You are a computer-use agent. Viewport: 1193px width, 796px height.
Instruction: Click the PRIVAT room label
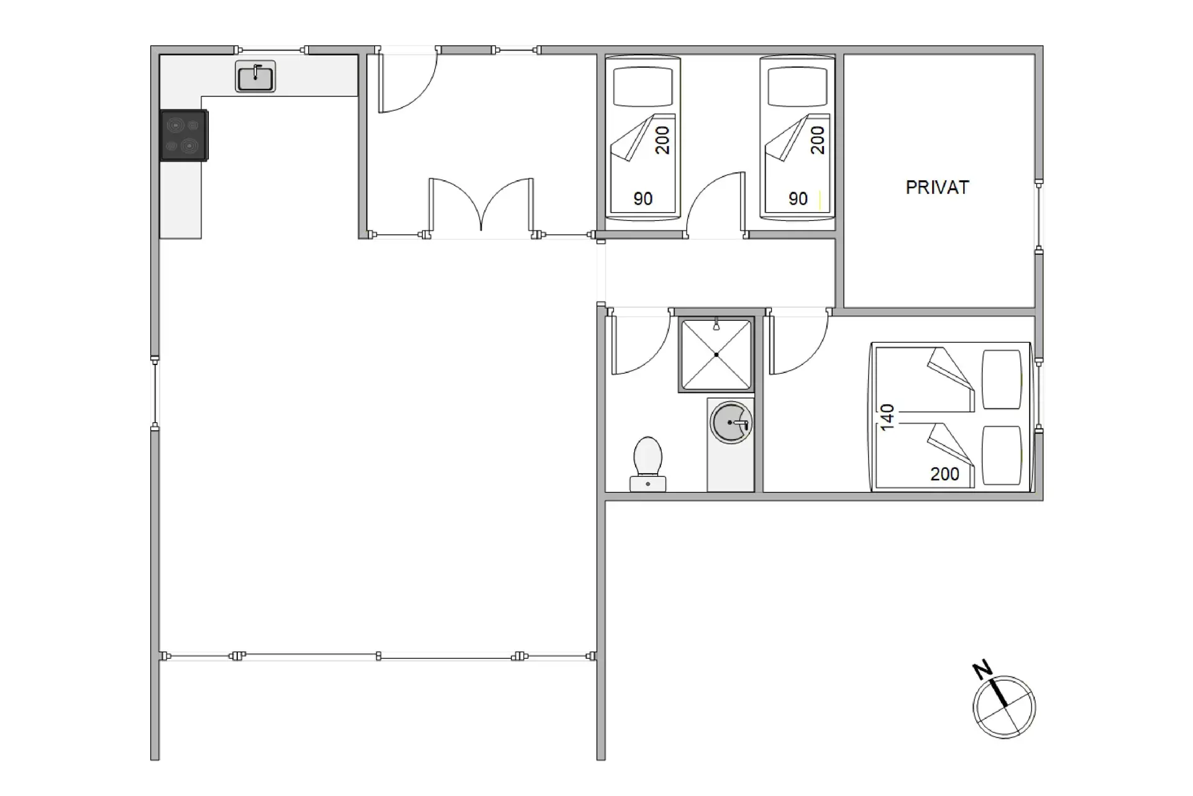tap(937, 187)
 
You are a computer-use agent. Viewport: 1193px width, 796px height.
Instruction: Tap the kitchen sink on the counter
tap(255, 76)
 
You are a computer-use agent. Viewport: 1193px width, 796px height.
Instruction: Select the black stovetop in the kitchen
tap(184, 136)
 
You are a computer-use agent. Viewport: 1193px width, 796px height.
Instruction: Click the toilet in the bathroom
tap(647, 464)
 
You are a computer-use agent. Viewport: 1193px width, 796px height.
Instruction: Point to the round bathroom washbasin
tap(731, 423)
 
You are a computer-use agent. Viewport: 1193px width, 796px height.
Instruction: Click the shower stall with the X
tap(716, 354)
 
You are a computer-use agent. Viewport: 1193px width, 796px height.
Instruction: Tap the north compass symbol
tap(1004, 707)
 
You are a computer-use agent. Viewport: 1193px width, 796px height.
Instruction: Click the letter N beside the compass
tap(982, 670)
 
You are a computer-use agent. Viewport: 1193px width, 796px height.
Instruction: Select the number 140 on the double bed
tap(887, 417)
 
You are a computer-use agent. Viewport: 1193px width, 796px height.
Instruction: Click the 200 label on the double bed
tap(944, 474)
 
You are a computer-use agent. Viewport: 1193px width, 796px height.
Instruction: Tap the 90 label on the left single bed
tap(643, 199)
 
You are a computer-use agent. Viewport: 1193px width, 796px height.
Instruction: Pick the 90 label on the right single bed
tap(798, 199)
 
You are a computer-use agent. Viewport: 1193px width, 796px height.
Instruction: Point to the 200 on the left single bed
tap(662, 140)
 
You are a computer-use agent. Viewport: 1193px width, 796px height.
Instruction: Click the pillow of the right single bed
tap(798, 87)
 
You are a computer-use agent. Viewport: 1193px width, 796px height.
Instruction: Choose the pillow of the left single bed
tap(643, 87)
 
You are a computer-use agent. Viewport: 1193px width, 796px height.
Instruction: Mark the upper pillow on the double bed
tap(1002, 379)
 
